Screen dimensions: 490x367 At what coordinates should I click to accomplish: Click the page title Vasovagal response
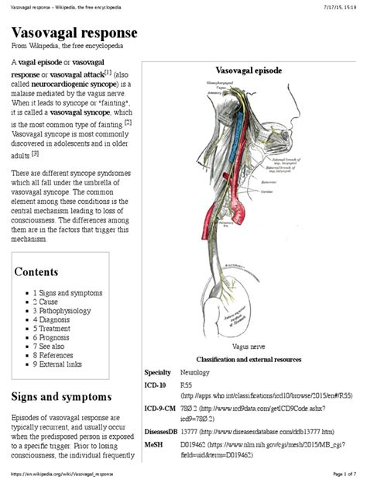[x=75, y=34]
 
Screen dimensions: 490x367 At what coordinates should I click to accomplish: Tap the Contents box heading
[x=36, y=272]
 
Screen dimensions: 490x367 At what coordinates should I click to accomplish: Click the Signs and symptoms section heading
[x=61, y=397]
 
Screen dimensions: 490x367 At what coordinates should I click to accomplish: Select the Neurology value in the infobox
[x=194, y=372]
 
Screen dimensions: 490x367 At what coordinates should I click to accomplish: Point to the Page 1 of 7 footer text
[x=341, y=473]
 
